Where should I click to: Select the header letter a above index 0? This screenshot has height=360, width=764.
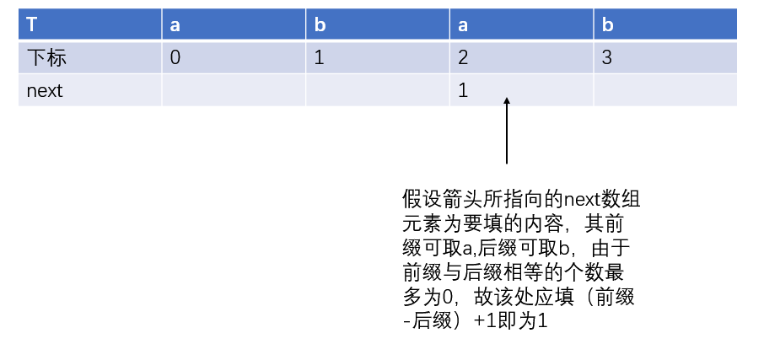pos(175,25)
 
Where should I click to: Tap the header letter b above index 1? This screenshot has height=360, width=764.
pos(320,24)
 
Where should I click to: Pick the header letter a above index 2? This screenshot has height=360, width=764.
pos(463,25)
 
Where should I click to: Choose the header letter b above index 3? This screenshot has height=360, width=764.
pos(607,24)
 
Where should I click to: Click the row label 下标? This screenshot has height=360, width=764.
pos(46,58)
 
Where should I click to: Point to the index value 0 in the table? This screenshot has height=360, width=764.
pos(175,58)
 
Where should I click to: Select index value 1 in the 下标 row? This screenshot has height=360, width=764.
pos(319,58)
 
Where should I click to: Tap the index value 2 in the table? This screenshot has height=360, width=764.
pos(463,58)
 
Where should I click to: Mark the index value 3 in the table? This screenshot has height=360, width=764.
pos(606,58)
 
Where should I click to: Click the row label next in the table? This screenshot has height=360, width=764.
pos(45,90)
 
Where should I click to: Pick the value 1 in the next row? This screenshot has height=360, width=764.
pos(463,90)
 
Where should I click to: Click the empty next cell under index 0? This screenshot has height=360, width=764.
pos(234,90)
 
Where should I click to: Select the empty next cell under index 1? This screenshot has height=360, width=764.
pos(378,90)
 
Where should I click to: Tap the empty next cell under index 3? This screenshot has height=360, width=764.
pos(665,90)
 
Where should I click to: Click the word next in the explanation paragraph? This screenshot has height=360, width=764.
pos(582,200)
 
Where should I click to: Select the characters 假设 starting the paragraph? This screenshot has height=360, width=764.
pos(419,200)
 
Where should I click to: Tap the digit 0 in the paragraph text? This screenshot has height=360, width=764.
pos(442,298)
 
